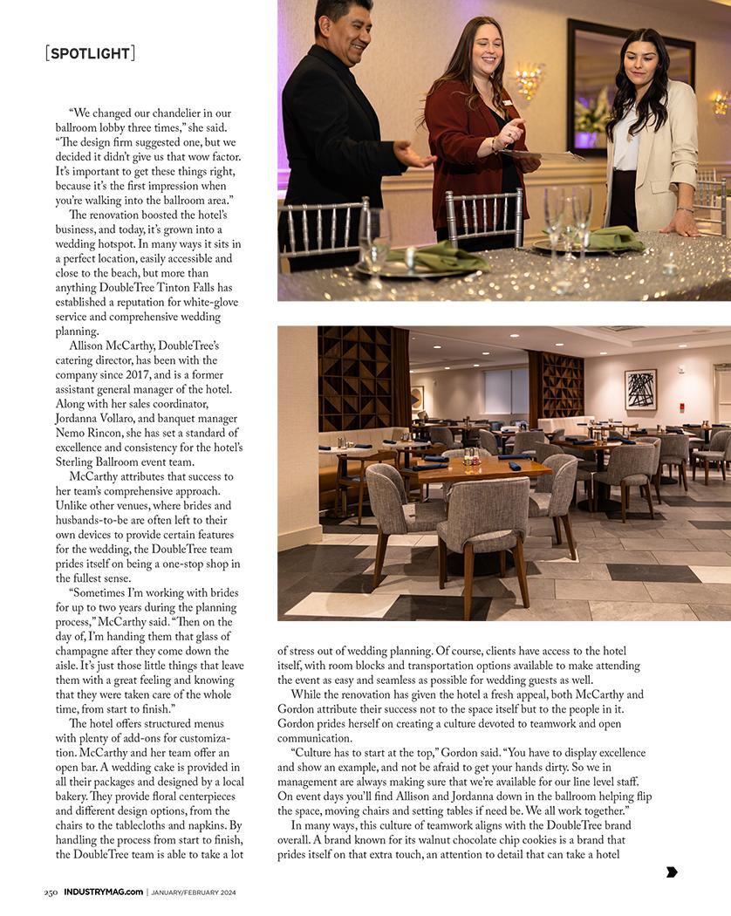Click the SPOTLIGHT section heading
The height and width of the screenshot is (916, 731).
click(x=90, y=53)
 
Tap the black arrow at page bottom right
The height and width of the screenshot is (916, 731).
click(x=672, y=872)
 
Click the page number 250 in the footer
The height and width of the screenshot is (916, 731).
click(x=51, y=892)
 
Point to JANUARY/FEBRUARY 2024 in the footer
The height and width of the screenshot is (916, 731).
click(x=193, y=892)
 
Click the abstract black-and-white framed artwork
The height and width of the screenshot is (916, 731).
click(x=640, y=389)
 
